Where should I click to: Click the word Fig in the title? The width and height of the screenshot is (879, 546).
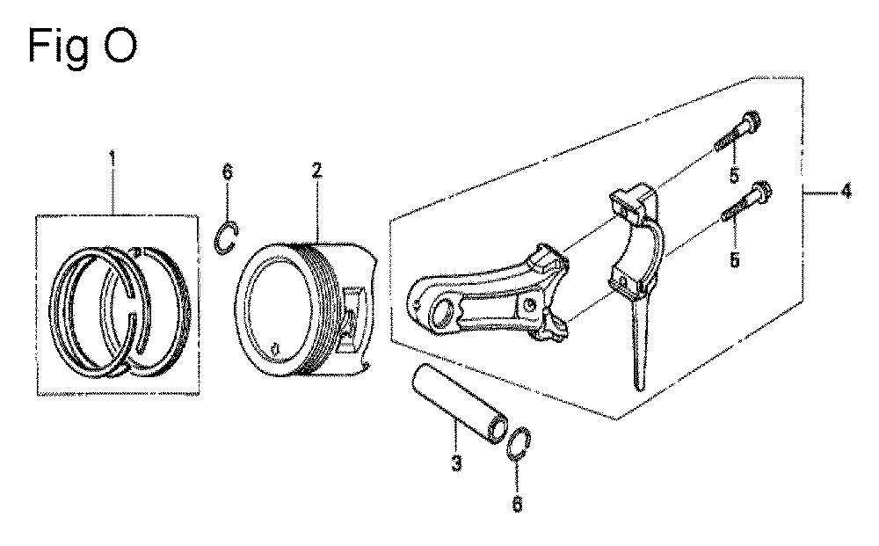pyautogui.click(x=58, y=47)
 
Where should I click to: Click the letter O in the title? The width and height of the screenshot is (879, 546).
pyautogui.click(x=120, y=46)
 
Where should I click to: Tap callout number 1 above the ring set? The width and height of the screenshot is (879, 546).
pyautogui.click(x=113, y=159)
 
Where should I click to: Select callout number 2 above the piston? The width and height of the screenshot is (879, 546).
pyautogui.click(x=317, y=171)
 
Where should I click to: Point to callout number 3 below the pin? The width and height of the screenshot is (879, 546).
pyautogui.click(x=456, y=463)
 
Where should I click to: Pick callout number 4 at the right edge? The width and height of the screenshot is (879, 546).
pyautogui.click(x=846, y=191)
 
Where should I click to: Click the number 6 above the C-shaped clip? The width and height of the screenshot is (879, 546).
pyautogui.click(x=227, y=172)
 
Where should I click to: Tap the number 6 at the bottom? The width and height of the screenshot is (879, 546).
pyautogui.click(x=517, y=504)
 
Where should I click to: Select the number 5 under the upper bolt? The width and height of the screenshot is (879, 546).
pyautogui.click(x=734, y=176)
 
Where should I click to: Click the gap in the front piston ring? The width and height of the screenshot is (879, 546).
pyautogui.click(x=133, y=306)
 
